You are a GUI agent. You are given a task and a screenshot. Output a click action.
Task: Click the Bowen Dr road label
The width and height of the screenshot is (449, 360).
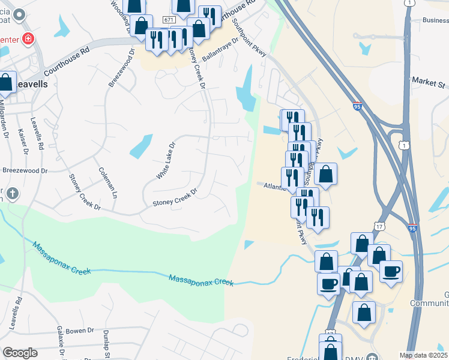[x=80, y=330]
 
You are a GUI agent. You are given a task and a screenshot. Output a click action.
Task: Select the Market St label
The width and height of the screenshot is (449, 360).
[x=429, y=81]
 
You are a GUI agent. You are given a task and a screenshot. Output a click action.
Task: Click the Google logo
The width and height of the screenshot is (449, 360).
[x=19, y=352]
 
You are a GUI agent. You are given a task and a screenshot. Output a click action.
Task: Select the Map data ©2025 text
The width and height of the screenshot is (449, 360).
[x=423, y=355]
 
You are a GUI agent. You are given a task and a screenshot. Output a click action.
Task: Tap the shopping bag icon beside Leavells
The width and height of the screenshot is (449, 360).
[x=6, y=83]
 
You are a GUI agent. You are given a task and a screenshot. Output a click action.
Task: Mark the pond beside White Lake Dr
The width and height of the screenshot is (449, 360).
[x=141, y=146]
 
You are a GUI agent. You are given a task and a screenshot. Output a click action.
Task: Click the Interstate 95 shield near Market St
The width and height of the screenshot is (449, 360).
[x=357, y=106]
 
